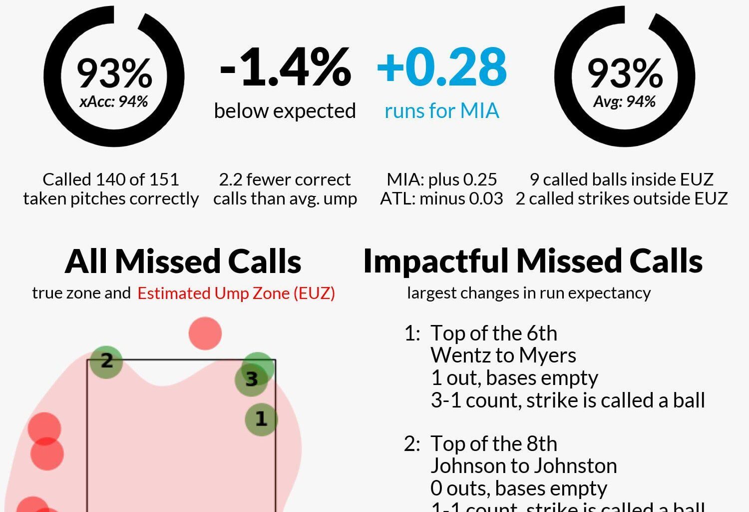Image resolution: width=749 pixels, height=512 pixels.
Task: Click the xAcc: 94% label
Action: (x=114, y=102)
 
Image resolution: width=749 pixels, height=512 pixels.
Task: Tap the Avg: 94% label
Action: (x=624, y=102)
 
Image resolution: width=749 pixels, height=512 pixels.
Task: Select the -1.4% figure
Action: (x=285, y=67)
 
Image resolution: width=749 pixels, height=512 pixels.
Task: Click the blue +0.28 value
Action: (x=442, y=67)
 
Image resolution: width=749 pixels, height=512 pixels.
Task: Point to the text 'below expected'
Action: (x=285, y=111)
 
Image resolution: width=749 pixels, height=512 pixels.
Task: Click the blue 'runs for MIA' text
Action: (x=442, y=111)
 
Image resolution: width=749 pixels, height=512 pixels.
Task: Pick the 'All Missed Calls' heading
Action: (x=183, y=261)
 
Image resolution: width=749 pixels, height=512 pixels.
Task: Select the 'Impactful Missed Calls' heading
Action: (x=533, y=261)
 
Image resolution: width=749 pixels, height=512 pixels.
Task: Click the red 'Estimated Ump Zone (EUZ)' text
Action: (x=236, y=293)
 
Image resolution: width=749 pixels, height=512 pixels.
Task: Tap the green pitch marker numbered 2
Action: (x=106, y=361)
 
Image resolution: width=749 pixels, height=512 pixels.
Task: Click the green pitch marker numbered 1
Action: (x=261, y=419)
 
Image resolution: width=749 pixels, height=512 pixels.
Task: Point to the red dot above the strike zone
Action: (x=205, y=333)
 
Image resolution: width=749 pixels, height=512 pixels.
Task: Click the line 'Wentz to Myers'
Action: (x=503, y=355)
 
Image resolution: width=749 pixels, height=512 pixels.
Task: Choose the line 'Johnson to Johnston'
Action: (x=524, y=466)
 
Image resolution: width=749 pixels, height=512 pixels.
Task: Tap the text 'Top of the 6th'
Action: (x=494, y=333)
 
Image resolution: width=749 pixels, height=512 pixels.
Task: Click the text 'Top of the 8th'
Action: (x=494, y=444)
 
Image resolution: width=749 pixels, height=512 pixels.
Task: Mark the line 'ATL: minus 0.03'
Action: (x=441, y=199)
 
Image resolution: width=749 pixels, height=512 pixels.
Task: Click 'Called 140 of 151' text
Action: (x=110, y=179)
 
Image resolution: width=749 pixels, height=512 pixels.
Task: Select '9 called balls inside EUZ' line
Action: (x=622, y=179)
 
